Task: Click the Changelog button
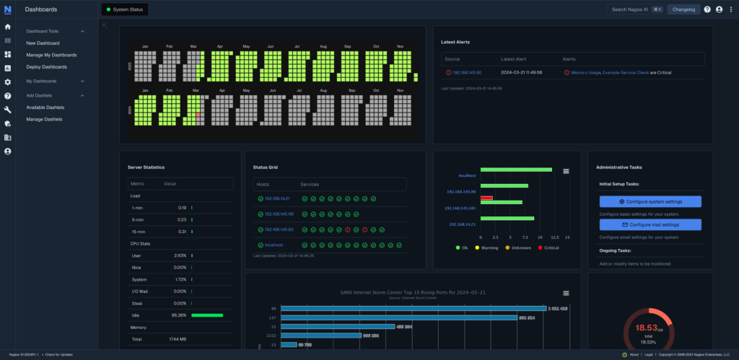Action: (x=683, y=9)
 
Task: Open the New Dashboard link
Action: (x=43, y=43)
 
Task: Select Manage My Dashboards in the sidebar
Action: (x=51, y=55)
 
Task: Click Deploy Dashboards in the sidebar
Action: (x=46, y=67)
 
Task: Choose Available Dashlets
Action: (x=45, y=107)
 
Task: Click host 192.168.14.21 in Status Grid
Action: (x=276, y=198)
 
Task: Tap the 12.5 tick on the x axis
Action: (x=552, y=237)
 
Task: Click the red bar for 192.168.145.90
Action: (x=486, y=198)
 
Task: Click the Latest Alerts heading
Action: (x=455, y=42)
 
